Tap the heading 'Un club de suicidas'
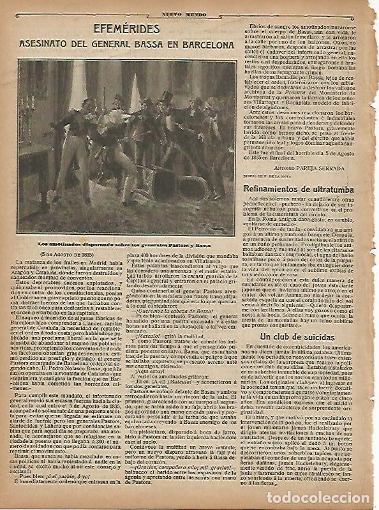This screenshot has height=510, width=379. [x=297, y=336]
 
